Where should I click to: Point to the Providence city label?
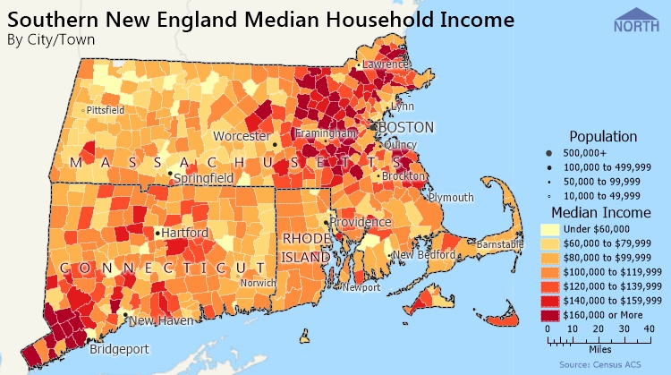coord(360,222)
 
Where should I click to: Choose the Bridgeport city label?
coord(119,350)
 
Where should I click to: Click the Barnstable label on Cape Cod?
coord(498,243)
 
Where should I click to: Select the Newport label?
coord(362,288)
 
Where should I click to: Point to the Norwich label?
coord(258,283)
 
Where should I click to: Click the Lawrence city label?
coord(386,64)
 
